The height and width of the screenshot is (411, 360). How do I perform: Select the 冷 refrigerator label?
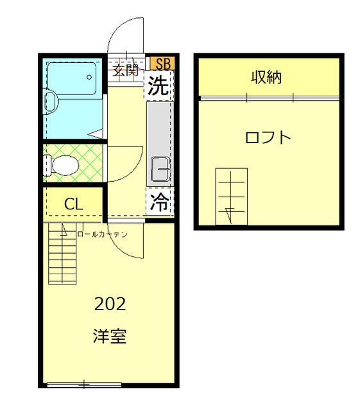pos(159,202)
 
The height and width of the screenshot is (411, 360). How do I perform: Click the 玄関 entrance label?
pos(126,70)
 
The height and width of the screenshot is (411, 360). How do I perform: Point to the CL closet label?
pos(73,205)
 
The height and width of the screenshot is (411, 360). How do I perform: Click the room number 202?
pos(110,304)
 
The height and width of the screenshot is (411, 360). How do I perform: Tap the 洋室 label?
pos(110,336)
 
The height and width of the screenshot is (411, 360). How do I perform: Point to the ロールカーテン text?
pos(102,234)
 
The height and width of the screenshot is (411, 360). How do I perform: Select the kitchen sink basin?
pos(160,169)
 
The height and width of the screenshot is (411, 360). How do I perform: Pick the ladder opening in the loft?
pos(231,196)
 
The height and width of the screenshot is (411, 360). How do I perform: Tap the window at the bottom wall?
pos(83,385)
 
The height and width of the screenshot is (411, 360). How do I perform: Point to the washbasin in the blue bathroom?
pos(51,101)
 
